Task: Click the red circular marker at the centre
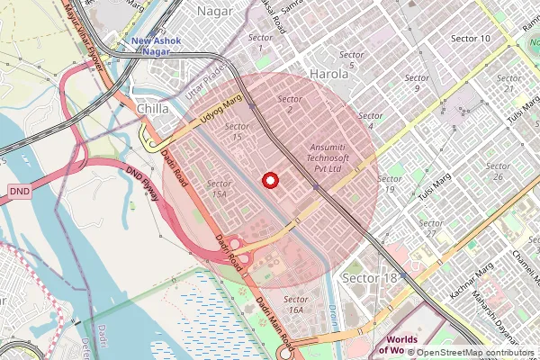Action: [x=267, y=180]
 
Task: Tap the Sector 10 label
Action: [x=471, y=39]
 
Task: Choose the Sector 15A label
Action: [x=219, y=188]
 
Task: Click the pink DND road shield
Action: [x=20, y=192]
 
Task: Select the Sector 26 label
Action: [x=499, y=171]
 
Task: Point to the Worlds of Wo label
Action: [x=401, y=345]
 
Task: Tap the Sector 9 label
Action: [x=417, y=83]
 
